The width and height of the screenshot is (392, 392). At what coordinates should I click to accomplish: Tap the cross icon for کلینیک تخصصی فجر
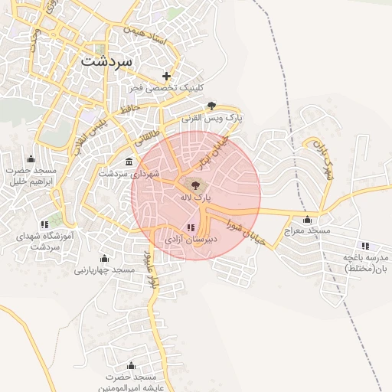tap(167, 75)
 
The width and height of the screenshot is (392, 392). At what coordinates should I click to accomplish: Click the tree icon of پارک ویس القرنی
tap(211, 106)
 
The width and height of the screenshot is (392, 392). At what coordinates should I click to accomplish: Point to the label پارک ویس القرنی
tap(212, 119)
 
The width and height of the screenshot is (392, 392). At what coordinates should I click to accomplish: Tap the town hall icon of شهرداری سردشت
tap(128, 162)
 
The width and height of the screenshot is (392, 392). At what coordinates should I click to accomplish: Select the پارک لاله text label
tap(192, 198)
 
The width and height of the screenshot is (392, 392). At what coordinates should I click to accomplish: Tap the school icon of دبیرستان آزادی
tap(190, 227)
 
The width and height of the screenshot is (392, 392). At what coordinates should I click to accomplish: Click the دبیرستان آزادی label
tap(188, 240)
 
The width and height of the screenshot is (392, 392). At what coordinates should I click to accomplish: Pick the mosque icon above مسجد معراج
tap(307, 219)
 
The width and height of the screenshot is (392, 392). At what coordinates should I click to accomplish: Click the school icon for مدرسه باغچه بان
tap(365, 246)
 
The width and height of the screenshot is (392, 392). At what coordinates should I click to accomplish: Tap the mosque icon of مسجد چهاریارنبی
tap(105, 258)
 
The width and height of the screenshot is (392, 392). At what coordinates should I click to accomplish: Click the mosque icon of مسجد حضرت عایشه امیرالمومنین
tap(130, 365)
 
